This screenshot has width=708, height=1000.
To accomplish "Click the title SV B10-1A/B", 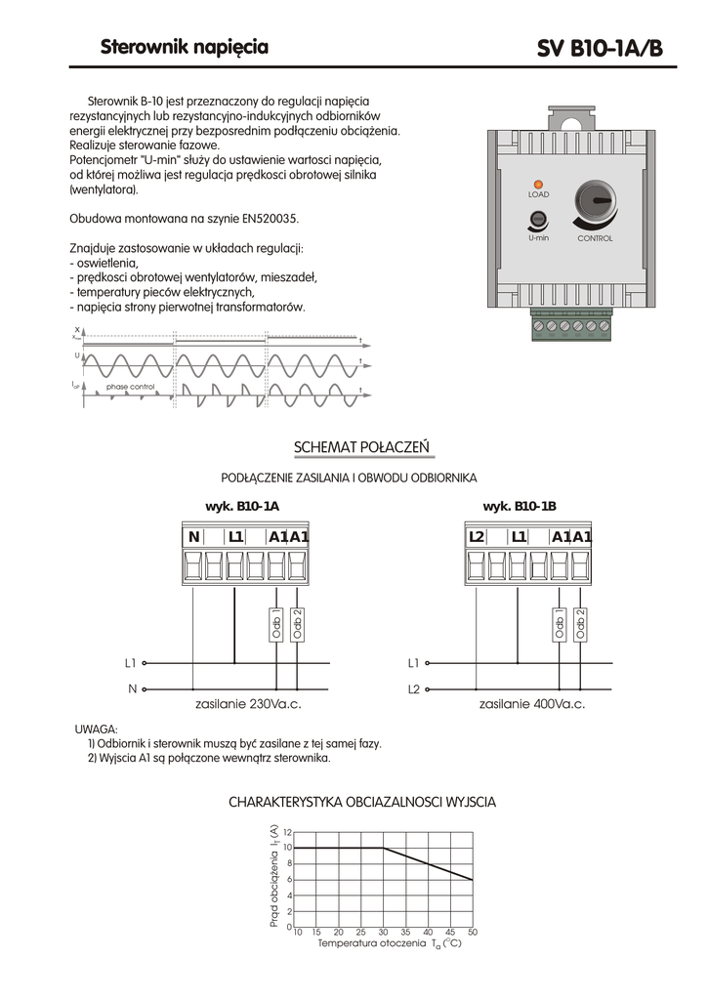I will pos(600,49).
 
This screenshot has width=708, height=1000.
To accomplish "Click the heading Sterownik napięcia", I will pos(185,47).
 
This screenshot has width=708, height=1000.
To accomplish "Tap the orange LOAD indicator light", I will pos(538,184).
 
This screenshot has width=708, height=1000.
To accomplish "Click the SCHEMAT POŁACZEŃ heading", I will pos(361,447).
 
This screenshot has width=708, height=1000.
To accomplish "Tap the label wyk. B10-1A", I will pos(241,506).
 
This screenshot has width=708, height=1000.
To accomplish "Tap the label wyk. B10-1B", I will pos(520,506).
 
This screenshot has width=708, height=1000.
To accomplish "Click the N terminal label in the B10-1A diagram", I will pos(193,536).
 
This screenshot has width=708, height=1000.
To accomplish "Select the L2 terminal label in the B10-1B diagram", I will pos(477,536).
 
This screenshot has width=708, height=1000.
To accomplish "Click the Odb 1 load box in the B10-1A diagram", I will pos(275,625).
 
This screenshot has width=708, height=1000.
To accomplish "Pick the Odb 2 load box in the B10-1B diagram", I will pos(580,625).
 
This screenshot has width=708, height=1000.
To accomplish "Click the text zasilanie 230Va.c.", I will pos(249,703).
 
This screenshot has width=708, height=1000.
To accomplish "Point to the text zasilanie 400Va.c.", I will pos(532,703).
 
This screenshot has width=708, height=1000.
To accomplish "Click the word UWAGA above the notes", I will pos(96,729).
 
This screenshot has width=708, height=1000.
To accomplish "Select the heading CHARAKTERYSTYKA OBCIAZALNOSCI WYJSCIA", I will pos(362,802).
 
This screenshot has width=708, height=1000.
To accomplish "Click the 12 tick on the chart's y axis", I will pos(287,832).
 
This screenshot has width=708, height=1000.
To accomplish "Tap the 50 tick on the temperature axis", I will pos(473,933).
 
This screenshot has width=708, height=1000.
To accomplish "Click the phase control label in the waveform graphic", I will pos(131,387).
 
